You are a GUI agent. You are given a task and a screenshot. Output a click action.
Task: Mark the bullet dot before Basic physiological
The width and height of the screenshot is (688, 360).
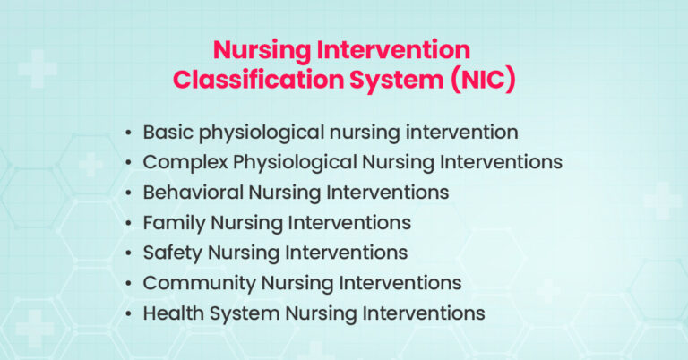click(131, 133)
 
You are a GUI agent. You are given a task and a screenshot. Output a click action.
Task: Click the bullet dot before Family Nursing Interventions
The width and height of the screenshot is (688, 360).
click(131, 223)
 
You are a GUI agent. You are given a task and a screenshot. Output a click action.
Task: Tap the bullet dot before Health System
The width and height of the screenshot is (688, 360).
click(131, 314)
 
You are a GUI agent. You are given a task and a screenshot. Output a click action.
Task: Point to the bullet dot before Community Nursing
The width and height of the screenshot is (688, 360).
click(131, 284)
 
